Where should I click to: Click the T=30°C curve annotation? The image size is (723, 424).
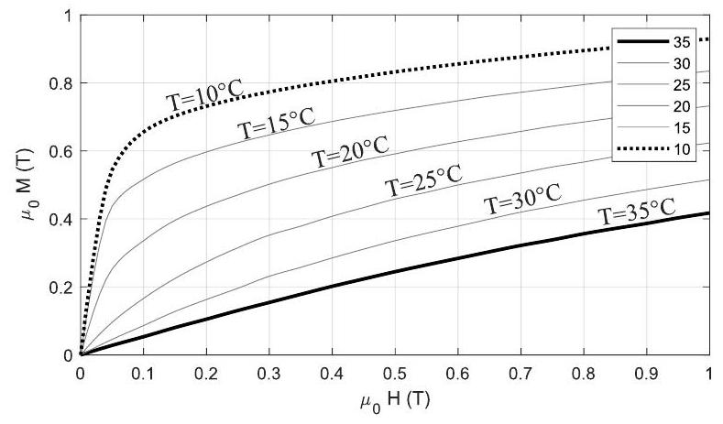coord(521,201)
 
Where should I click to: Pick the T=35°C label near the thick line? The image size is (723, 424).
coord(637,213)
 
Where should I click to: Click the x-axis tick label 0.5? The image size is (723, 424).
coord(395,373)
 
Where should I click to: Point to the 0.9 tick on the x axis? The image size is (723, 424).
coord(646,373)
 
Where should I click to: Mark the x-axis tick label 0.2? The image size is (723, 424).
coord(206,373)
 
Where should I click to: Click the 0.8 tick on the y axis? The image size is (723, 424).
coord(60,83)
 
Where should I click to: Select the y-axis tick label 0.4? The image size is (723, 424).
coord(60,219)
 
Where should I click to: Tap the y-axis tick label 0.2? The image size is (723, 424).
coord(60,287)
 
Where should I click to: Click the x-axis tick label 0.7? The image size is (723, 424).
coord(520,373)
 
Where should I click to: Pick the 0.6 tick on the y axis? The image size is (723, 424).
coord(60,151)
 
